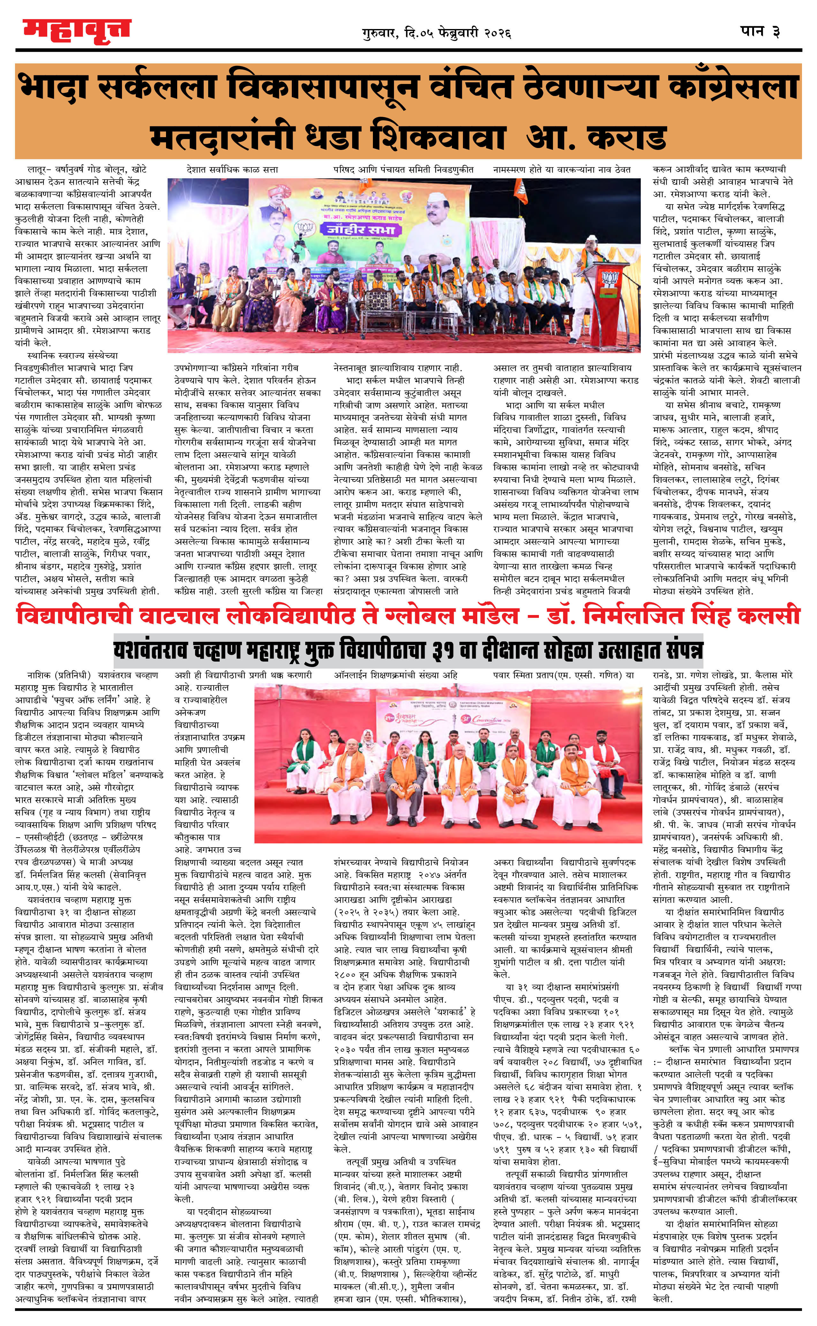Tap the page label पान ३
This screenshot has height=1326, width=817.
(760, 31)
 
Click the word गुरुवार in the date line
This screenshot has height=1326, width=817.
(380, 33)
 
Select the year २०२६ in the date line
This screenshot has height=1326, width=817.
(498, 33)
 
